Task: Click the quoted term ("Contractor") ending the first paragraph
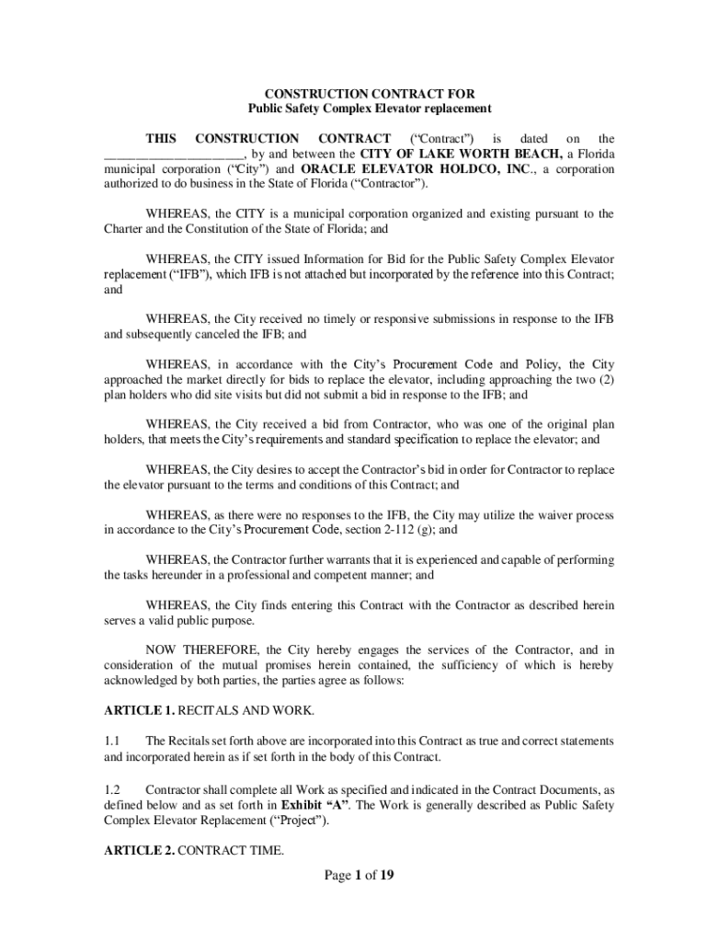pyautogui.click(x=390, y=184)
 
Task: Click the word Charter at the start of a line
pyautogui.click(x=122, y=229)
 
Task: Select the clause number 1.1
pyautogui.click(x=112, y=740)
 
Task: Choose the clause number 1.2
pyautogui.click(x=112, y=789)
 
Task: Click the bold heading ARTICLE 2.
pyautogui.click(x=137, y=850)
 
